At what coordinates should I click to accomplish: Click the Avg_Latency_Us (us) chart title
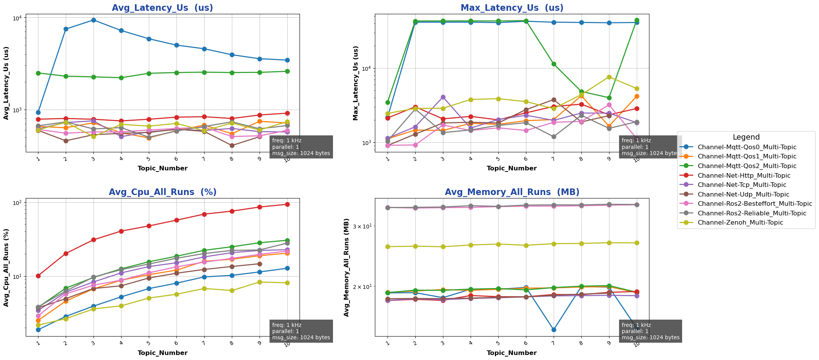point(162,8)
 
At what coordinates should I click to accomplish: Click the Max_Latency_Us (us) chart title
point(512,8)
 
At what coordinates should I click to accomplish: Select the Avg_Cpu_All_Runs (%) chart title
point(162,192)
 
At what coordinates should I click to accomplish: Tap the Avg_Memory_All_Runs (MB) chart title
point(512,192)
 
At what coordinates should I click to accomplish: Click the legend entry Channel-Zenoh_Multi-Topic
point(740,223)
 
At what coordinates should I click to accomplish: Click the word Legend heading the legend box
point(746,137)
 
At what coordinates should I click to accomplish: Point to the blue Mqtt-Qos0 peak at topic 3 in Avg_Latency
point(93,20)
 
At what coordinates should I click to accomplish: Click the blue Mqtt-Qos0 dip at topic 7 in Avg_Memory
point(554,330)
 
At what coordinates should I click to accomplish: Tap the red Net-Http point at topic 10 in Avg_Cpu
point(287,204)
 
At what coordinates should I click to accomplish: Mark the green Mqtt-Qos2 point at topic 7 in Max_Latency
point(554,64)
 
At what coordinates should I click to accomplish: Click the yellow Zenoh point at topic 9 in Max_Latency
point(609,77)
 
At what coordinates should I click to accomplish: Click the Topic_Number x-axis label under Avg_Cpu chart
point(162,353)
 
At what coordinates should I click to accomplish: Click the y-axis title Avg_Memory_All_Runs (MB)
point(346,267)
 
